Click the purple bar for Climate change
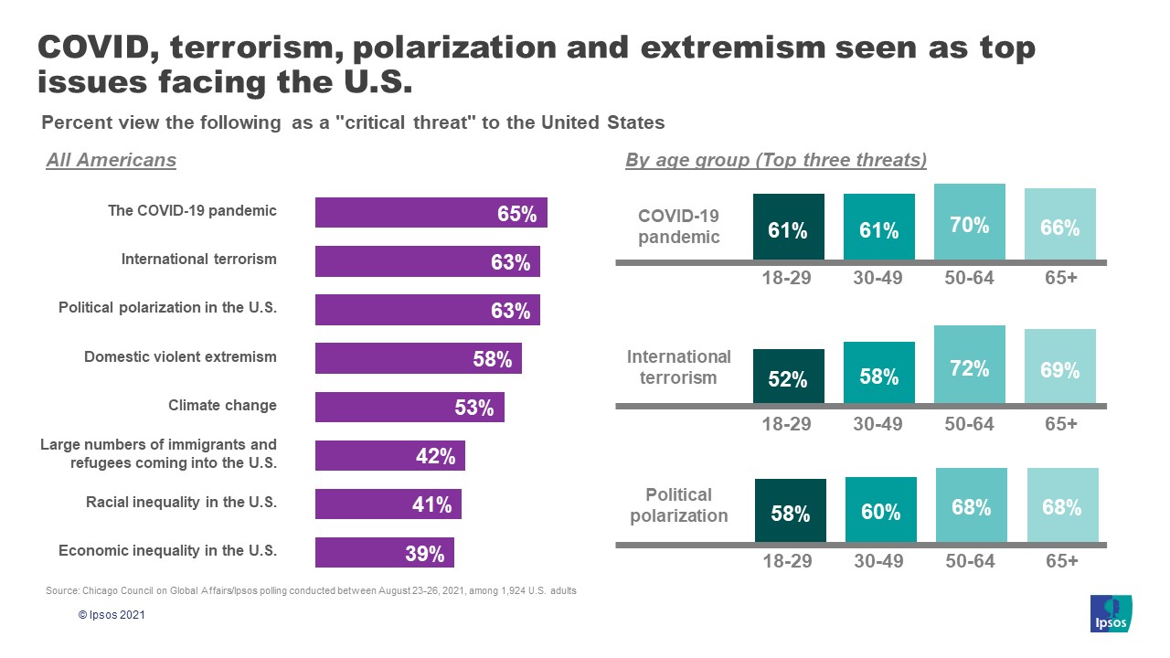[409, 407]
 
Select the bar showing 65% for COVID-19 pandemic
[431, 213]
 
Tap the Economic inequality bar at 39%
[384, 552]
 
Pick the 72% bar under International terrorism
[970, 364]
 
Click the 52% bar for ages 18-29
[788, 376]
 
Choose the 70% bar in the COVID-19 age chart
[970, 222]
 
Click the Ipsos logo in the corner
[1111, 613]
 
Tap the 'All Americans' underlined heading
[111, 160]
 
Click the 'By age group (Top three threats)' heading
[776, 160]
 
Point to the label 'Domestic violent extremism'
[180, 356]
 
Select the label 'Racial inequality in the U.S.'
[181, 502]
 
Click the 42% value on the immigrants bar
[435, 456]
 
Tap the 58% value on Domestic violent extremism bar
[492, 359]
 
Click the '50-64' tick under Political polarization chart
[970, 560]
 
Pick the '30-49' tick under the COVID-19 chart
[878, 278]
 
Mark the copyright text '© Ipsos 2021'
[111, 615]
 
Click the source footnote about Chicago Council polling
[311, 591]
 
